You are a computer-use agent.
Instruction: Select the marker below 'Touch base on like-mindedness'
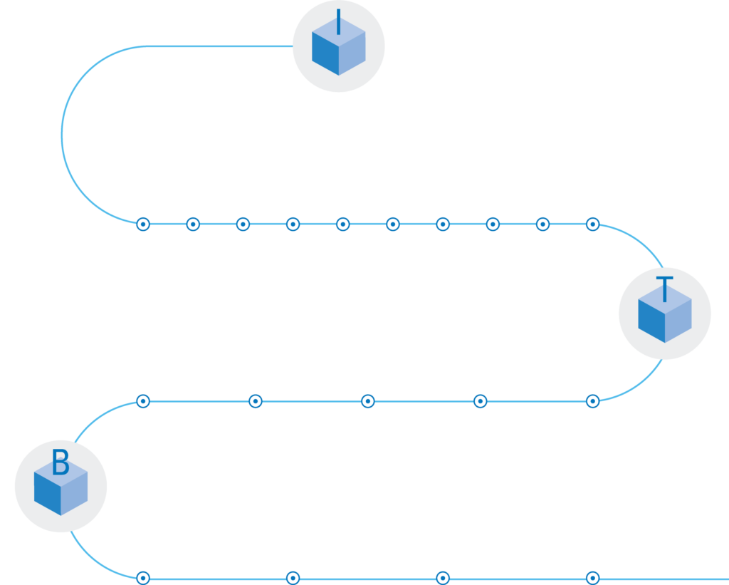(142, 224)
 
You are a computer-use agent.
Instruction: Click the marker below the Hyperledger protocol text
(592, 224)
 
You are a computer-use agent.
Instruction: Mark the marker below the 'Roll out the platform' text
(442, 578)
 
